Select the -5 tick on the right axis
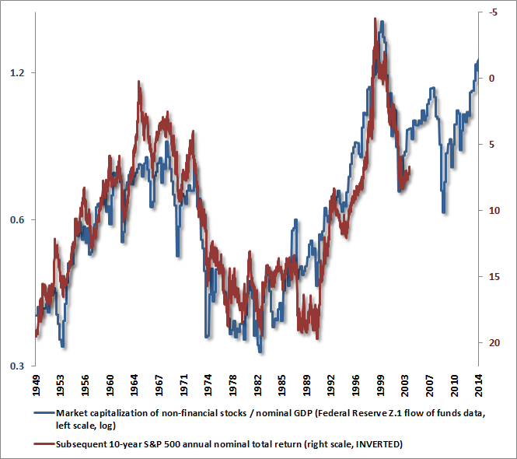[x=495, y=12]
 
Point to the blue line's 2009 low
[x=443, y=212]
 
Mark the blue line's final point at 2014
[x=478, y=60]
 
